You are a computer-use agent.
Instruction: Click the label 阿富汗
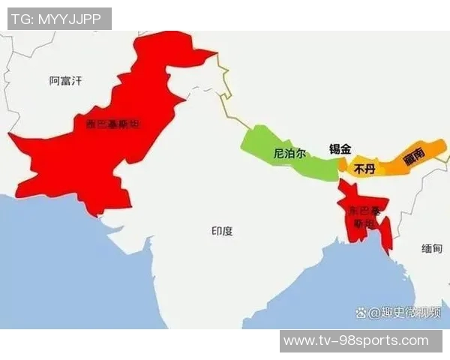[64, 79]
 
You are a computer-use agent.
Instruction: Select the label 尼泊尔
[289, 153]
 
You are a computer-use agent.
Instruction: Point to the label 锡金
[340, 148]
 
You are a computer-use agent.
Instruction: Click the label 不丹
[363, 169]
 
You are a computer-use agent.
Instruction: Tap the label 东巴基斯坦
[364, 217]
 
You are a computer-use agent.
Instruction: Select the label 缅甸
[431, 248]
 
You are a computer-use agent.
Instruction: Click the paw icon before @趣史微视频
[361, 313]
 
